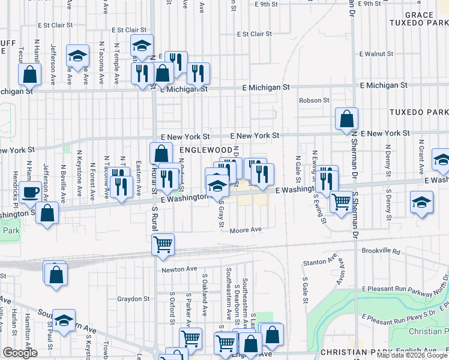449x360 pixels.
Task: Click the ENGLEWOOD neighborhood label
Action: tap(204, 149)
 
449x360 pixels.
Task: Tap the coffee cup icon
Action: tap(30, 193)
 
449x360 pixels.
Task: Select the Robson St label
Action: tap(314, 100)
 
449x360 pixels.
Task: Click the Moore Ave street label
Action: tap(247, 230)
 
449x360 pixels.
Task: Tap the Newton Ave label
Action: tap(179, 270)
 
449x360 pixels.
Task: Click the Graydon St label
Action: tap(133, 298)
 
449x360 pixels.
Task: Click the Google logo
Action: tap(19, 353)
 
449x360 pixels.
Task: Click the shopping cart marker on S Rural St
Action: tap(163, 244)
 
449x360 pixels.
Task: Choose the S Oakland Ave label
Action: tap(205, 304)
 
